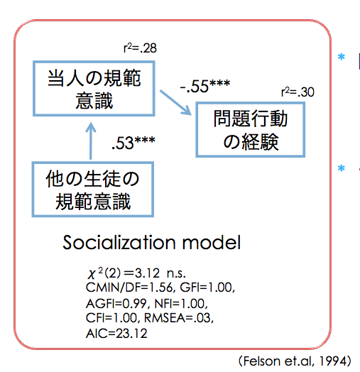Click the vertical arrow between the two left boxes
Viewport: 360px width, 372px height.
[x=91, y=141]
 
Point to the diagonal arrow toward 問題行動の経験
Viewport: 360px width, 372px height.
[x=175, y=102]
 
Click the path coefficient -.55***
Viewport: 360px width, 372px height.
[x=205, y=86]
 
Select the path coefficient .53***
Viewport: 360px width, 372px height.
[x=133, y=143]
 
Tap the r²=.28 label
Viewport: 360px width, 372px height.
[x=140, y=48]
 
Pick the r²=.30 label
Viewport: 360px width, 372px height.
[x=298, y=92]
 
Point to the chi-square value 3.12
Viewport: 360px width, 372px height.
[x=147, y=273]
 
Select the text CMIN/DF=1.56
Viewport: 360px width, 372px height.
[x=130, y=288]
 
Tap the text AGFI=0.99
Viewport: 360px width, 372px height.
[x=116, y=304]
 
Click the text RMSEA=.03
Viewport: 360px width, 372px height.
[x=179, y=318]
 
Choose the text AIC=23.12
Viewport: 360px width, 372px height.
[x=116, y=334]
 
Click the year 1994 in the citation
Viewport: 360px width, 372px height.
[x=333, y=361]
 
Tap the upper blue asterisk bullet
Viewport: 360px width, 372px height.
[x=342, y=57]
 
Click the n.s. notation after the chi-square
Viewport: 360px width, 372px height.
[x=176, y=274]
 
